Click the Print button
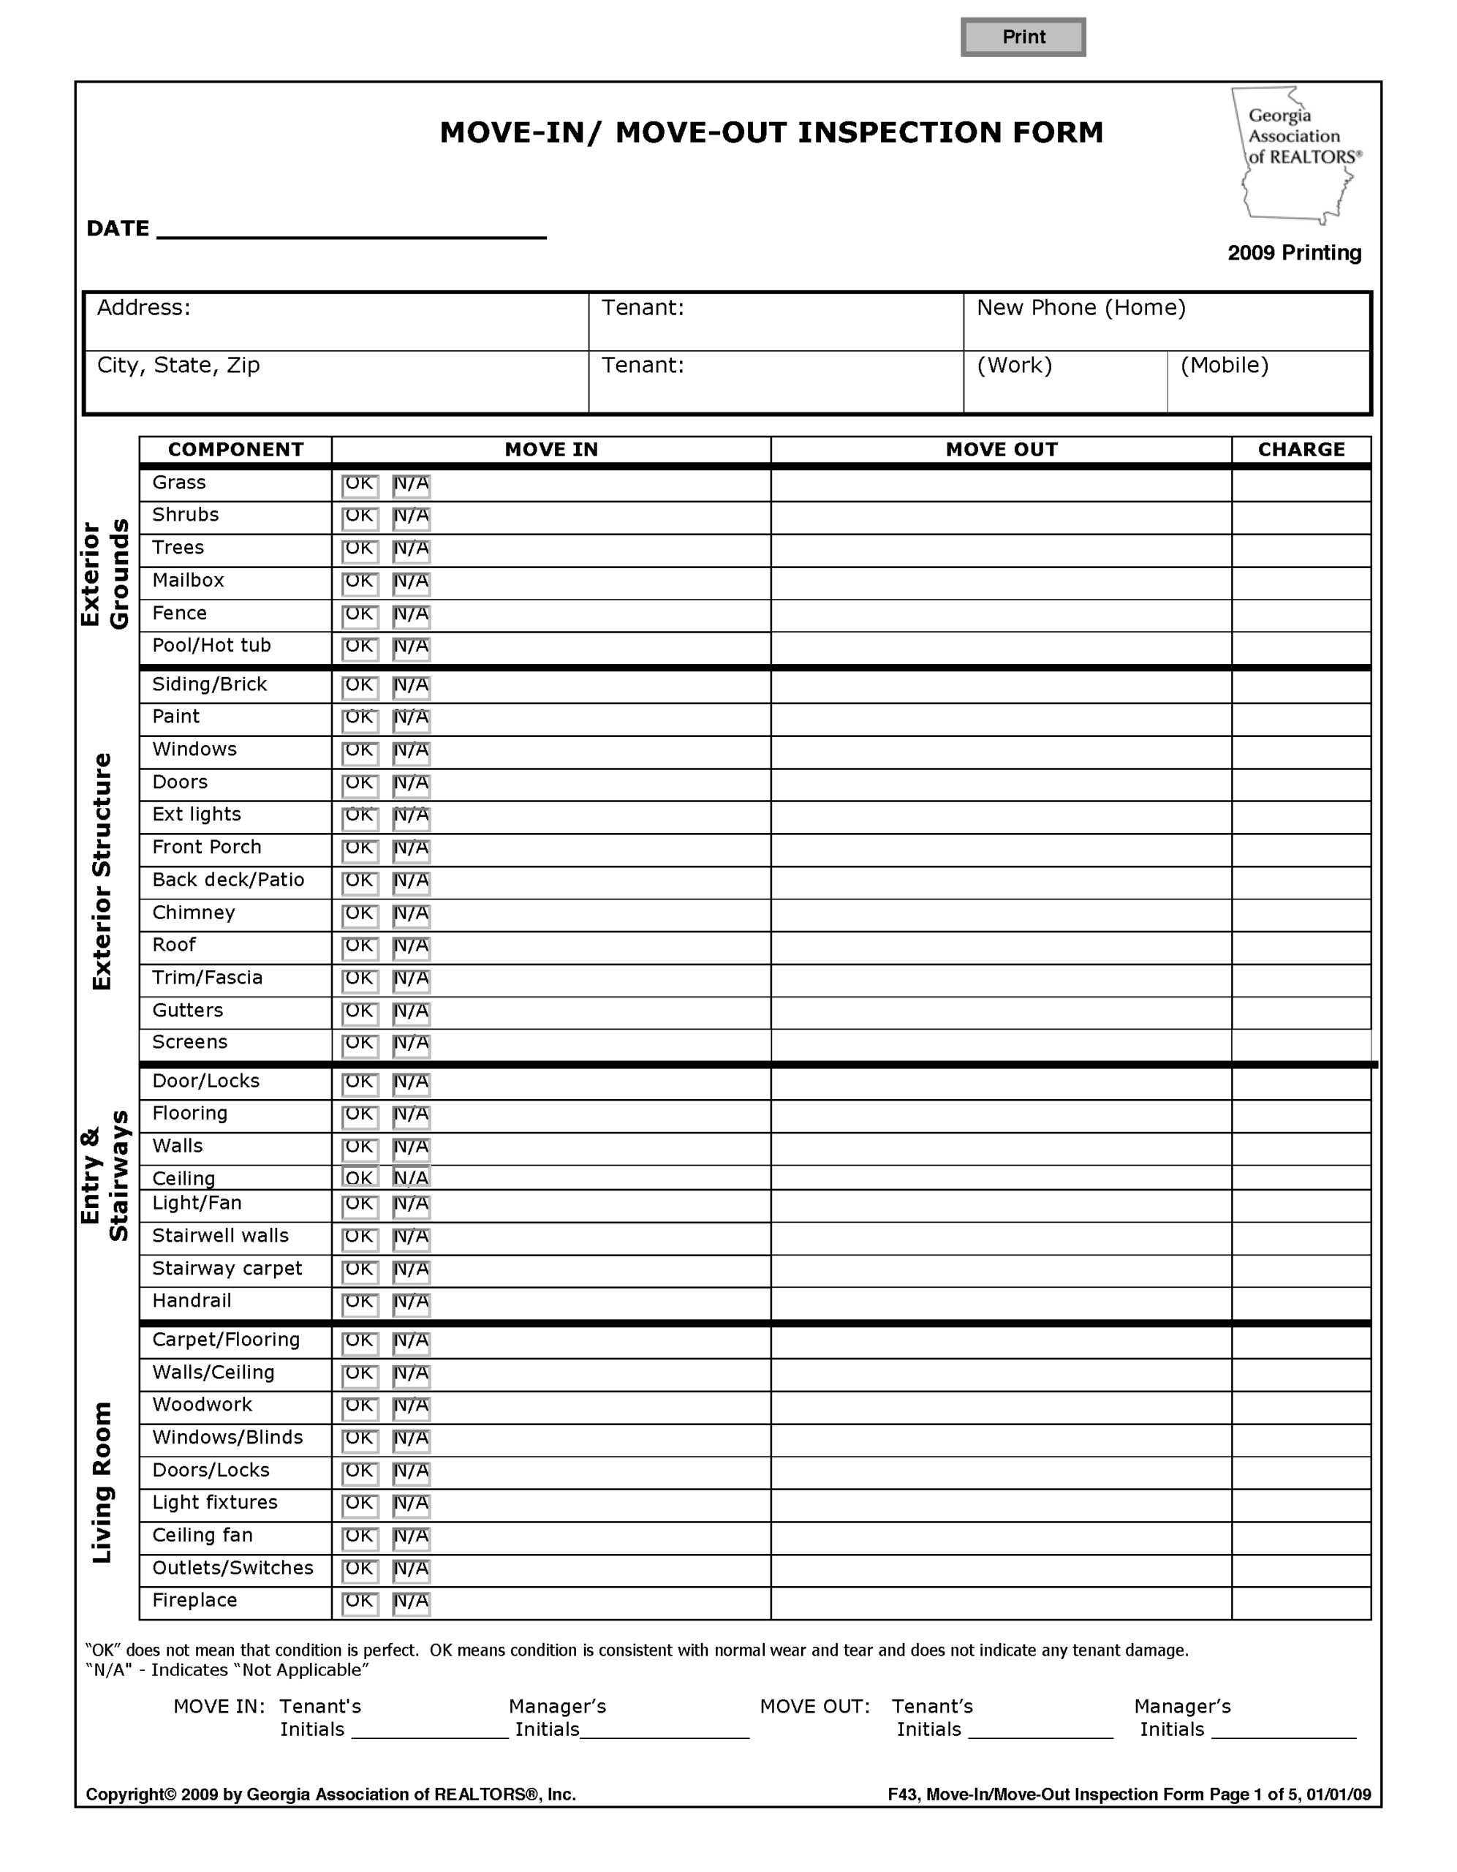point(1023,37)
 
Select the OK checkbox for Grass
point(359,485)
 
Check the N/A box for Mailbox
point(411,583)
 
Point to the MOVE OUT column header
point(1000,449)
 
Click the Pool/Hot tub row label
point(212,646)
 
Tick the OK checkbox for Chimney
point(359,915)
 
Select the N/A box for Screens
point(411,1044)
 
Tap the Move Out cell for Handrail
point(1000,1303)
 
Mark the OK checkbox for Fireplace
point(359,1602)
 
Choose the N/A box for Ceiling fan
point(411,1537)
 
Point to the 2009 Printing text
point(1293,253)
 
